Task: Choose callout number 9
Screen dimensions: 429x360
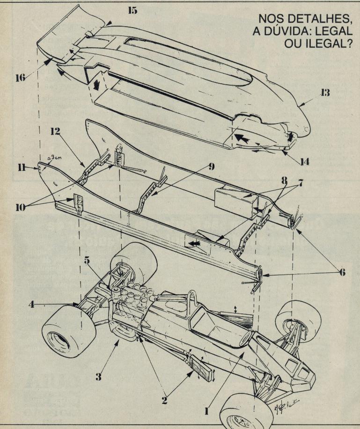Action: (x=212, y=166)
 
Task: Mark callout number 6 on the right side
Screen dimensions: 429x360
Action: (x=343, y=272)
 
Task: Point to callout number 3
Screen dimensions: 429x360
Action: (x=98, y=377)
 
